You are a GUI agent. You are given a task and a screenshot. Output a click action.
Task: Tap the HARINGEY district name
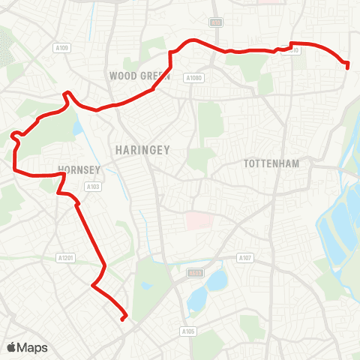click(142, 150)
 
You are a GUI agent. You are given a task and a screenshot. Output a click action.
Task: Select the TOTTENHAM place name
click(271, 163)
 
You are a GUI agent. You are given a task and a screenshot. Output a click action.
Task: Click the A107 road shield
click(245, 259)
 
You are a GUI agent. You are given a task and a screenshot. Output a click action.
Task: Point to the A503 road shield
click(196, 273)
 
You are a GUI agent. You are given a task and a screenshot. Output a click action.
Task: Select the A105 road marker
click(187, 330)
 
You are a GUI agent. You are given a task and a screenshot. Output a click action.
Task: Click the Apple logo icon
click(12, 347)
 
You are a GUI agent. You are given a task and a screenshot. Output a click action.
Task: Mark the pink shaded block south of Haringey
click(198, 220)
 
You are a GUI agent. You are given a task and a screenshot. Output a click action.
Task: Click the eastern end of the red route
click(348, 67)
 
